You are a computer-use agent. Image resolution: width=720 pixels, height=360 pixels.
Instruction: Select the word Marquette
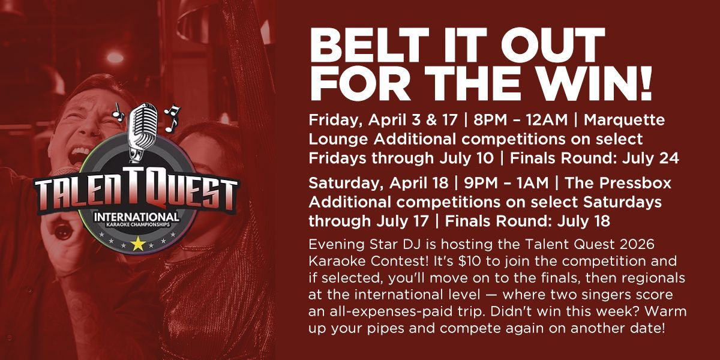click(x=624, y=120)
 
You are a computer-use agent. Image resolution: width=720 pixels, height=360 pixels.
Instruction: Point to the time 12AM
click(x=547, y=120)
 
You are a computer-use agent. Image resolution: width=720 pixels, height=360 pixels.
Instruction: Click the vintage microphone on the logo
click(x=142, y=132)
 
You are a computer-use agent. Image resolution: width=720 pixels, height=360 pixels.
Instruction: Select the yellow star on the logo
click(x=138, y=244)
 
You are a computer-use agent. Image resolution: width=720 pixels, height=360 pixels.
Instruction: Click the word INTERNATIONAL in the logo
click(x=137, y=217)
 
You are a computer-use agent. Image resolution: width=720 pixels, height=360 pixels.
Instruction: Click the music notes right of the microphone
click(x=172, y=118)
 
